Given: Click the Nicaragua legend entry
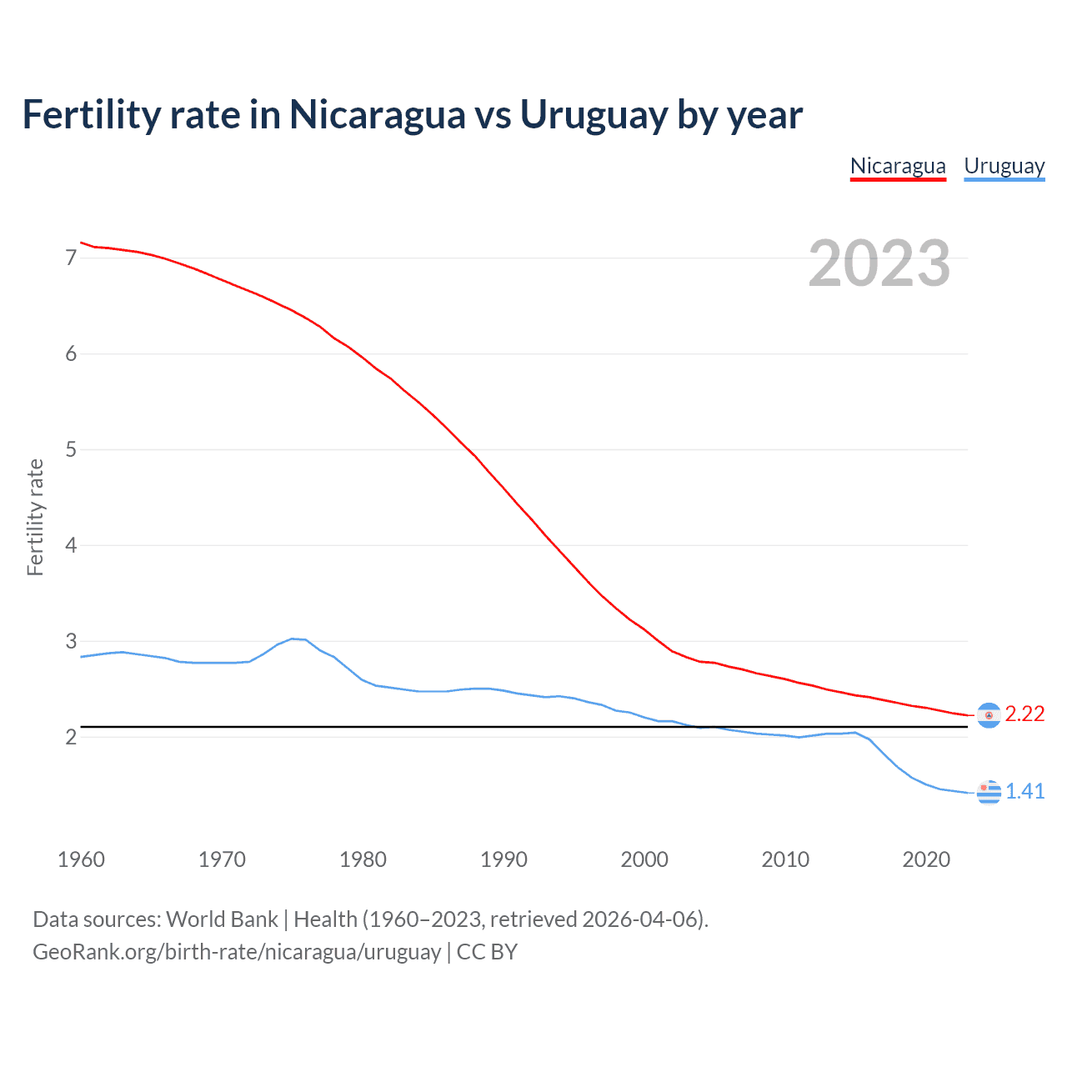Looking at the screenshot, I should (x=898, y=166).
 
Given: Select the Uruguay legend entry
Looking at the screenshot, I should (x=1004, y=166).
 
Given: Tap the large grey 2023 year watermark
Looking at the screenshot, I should (x=879, y=263).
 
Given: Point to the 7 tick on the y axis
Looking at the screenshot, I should (x=71, y=258).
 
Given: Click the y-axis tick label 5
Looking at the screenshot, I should (x=71, y=449).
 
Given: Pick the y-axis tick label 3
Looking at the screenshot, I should (x=71, y=641).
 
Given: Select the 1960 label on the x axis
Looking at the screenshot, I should (x=81, y=859).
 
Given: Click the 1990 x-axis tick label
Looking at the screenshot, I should (x=503, y=859).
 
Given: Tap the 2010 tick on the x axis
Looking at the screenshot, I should (x=785, y=859).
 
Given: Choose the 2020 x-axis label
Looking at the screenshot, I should (x=926, y=859).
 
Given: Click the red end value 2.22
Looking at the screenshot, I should (x=1024, y=714).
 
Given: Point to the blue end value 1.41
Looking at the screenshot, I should (x=1024, y=791).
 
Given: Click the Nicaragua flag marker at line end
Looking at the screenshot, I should (x=989, y=715).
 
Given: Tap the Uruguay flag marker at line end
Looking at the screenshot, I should (x=989, y=792).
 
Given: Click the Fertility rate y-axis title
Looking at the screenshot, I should (x=35, y=517).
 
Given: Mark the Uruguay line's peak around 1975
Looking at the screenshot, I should (x=293, y=639).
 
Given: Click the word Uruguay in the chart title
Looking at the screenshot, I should (x=594, y=115).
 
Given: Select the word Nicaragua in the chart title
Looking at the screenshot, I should (x=377, y=115).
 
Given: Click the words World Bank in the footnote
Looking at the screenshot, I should (x=222, y=919).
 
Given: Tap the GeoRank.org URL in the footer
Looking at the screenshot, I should (x=237, y=952).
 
